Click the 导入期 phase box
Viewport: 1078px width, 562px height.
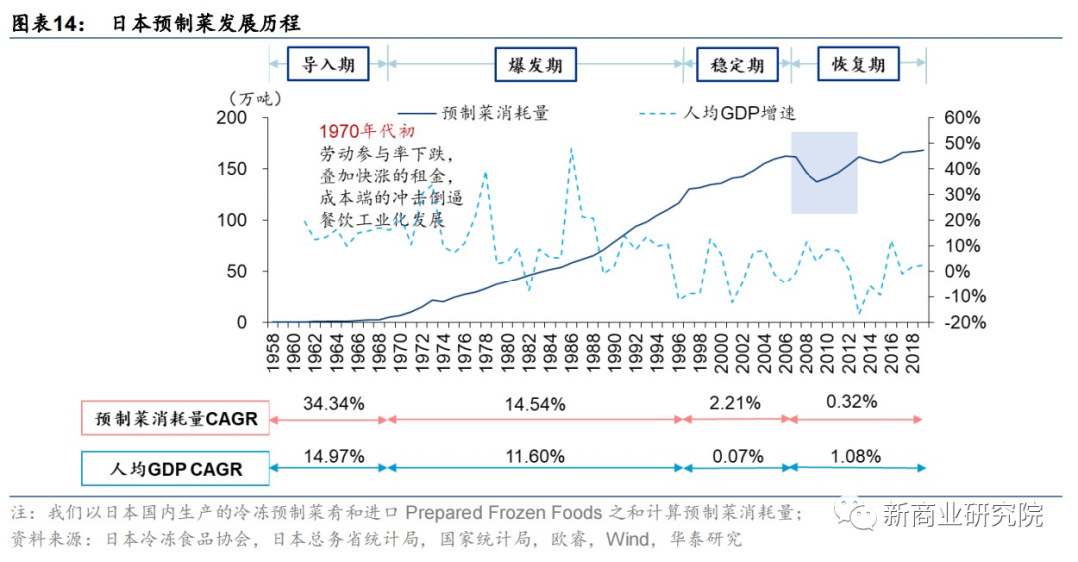(327, 65)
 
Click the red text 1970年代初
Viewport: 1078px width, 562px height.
(366, 132)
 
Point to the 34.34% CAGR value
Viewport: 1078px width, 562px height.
(334, 403)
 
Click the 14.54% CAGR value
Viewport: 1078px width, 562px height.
(535, 404)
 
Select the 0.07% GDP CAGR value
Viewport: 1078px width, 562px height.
(737, 457)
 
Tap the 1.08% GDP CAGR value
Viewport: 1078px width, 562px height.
(854, 457)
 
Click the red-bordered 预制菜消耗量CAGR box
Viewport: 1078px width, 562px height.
(177, 419)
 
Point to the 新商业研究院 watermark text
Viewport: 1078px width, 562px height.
(963, 515)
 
